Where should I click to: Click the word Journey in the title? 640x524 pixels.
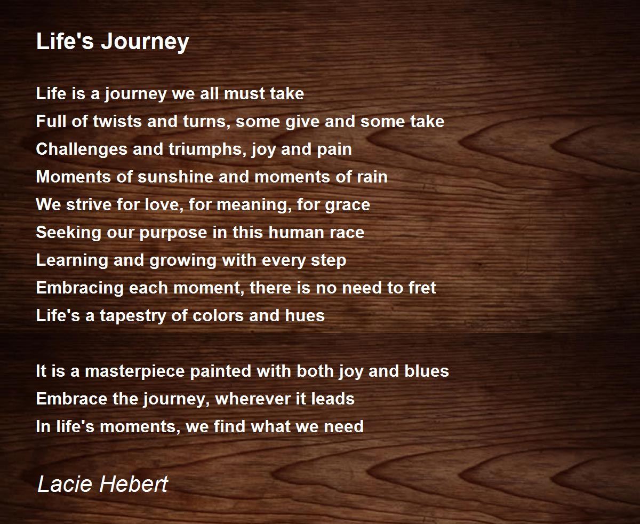(x=145, y=42)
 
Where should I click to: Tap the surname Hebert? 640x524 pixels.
(x=133, y=484)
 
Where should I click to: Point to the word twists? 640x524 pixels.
(x=117, y=121)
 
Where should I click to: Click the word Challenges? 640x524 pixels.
(x=82, y=149)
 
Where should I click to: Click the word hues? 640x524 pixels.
(x=305, y=315)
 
